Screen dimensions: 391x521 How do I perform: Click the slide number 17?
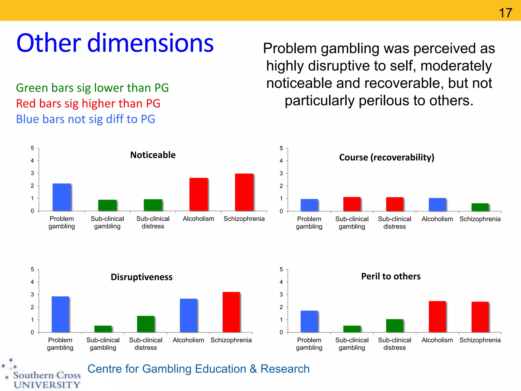click(x=505, y=13)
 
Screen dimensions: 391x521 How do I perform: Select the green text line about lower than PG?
click(x=92, y=88)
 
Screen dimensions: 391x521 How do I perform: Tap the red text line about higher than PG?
click(x=88, y=104)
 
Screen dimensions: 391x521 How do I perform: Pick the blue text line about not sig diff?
click(x=85, y=119)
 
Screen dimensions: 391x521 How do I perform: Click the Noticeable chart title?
click(x=153, y=155)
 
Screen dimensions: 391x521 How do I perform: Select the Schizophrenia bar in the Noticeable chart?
click(x=244, y=192)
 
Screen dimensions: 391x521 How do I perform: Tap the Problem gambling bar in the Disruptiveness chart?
click(x=60, y=314)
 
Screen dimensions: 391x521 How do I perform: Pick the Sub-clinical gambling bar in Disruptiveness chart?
click(x=103, y=329)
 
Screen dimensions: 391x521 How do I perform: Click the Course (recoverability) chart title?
click(x=386, y=157)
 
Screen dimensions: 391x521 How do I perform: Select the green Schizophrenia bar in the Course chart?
click(x=480, y=207)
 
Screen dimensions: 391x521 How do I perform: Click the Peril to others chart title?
click(x=391, y=276)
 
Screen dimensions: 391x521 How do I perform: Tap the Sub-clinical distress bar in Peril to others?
click(x=394, y=326)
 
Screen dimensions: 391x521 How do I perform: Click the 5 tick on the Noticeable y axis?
click(x=32, y=148)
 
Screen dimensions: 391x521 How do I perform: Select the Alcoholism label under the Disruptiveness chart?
click(x=188, y=340)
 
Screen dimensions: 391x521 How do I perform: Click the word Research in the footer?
click(x=285, y=369)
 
